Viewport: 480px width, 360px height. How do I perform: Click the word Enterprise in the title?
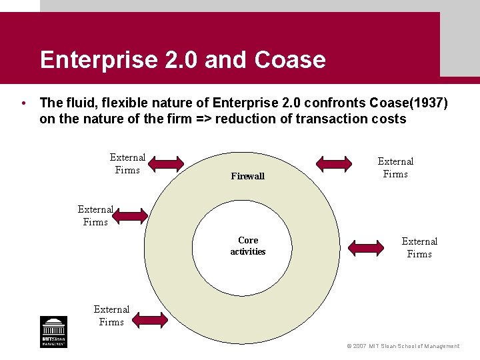91,60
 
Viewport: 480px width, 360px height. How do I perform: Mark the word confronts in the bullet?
337,103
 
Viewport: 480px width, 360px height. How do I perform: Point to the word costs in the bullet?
389,119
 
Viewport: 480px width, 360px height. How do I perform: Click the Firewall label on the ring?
247,177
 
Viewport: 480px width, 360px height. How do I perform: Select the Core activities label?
248,246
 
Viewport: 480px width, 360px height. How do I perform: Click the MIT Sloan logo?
53,331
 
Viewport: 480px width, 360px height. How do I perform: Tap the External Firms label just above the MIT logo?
111,315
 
